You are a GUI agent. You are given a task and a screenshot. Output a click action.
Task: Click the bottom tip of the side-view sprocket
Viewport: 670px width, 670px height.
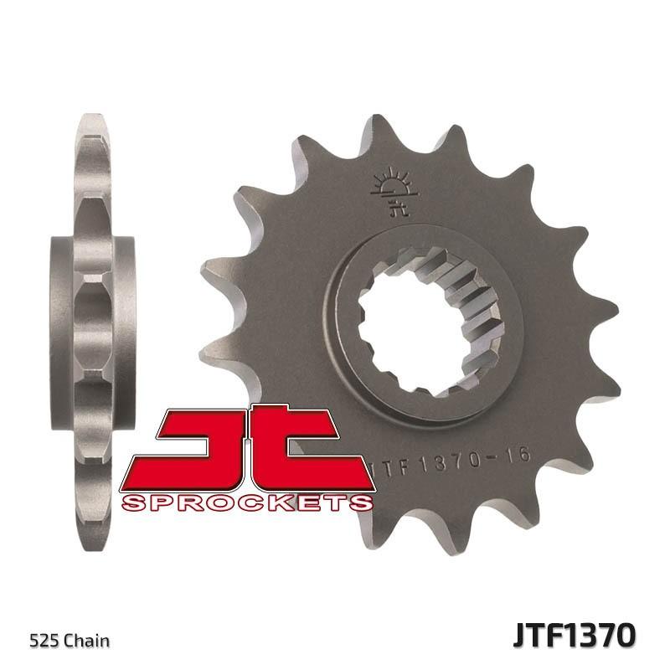click(94, 544)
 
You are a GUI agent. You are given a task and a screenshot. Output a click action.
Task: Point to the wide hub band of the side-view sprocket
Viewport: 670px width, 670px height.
click(94, 327)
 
